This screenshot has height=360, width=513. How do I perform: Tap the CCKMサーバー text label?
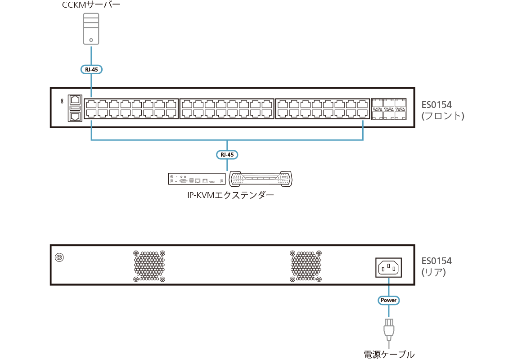91,6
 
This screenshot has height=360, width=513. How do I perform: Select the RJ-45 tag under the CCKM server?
91,69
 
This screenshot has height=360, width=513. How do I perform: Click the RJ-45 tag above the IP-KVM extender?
227,155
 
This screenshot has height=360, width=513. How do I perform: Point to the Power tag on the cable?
388,300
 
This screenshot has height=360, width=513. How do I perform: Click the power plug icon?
389,329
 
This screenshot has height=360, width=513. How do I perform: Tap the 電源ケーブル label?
389,354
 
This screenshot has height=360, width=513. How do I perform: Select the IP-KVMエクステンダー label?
230,195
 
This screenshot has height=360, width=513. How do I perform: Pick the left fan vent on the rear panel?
149,266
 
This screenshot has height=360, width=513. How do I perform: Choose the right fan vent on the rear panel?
306,266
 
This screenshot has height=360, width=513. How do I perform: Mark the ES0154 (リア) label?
436,266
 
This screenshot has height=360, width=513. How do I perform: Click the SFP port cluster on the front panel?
389,108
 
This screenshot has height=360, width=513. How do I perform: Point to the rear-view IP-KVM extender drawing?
197,179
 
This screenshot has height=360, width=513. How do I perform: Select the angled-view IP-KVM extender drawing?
261,179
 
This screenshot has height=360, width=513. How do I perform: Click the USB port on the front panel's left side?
75,108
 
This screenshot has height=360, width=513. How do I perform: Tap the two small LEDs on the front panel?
62,102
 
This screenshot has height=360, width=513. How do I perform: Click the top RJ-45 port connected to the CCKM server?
91,103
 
